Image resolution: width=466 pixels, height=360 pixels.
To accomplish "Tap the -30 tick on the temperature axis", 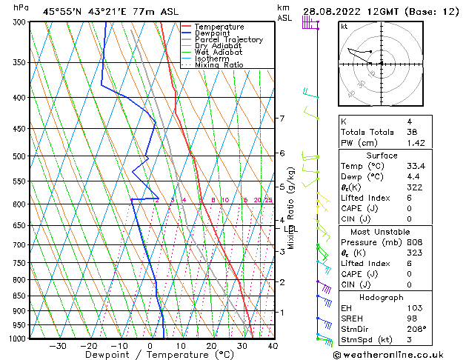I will pyautogui.click(x=57, y=346).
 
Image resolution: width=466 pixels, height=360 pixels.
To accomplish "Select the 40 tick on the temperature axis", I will pyautogui.click(x=273, y=346).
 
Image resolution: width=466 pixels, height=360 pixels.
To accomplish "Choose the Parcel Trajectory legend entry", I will pyautogui.click(x=228, y=40).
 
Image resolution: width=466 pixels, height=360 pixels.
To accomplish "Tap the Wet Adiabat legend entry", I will pyautogui.click(x=219, y=53).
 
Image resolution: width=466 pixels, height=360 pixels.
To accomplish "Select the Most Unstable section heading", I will pyautogui.click(x=382, y=231).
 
